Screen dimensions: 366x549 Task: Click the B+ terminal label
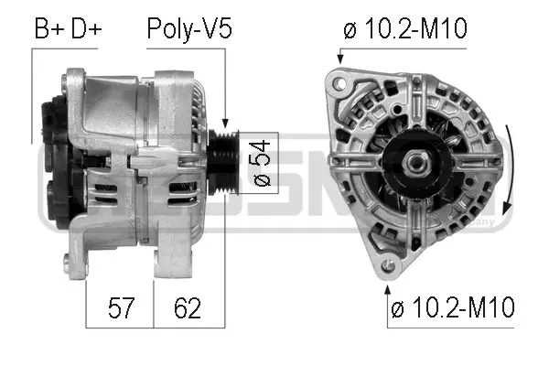coord(51,29)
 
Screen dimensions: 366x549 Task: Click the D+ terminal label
coord(85,29)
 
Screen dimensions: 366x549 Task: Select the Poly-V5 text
coord(189,29)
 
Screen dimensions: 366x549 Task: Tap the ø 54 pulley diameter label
coord(261,162)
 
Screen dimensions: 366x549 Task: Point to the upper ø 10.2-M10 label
coord(404,29)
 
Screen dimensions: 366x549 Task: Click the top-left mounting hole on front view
coord(341,84)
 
